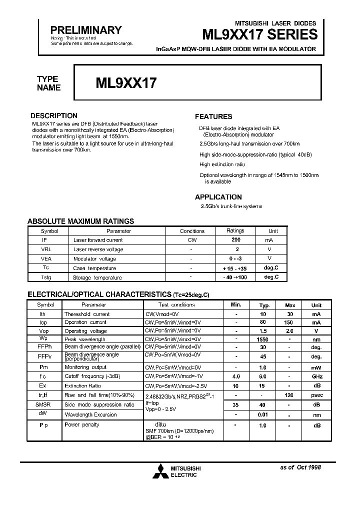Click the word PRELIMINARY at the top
[86, 30]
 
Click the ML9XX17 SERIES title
[259, 34]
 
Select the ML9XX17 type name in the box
[126, 83]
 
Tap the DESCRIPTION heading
[54, 115]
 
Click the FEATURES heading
[213, 116]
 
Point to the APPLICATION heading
[218, 197]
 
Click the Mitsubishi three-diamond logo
[160, 470]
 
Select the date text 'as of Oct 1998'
[300, 467]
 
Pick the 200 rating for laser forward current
[235, 240]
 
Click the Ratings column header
[235, 231]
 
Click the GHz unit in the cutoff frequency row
[316, 376]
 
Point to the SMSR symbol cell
[42, 404]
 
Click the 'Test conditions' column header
[176, 304]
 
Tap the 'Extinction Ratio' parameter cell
[82, 386]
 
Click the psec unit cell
[316, 395]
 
